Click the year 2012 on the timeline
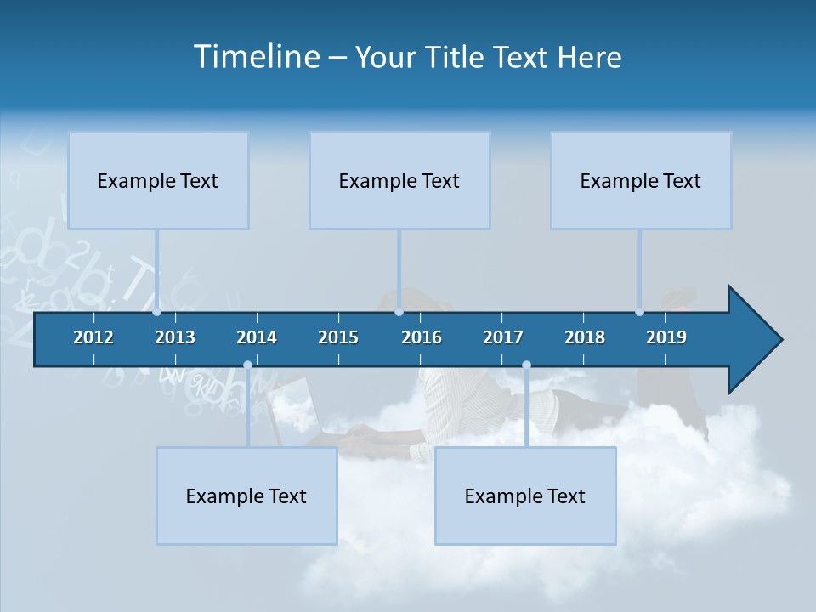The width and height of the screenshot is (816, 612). (x=93, y=337)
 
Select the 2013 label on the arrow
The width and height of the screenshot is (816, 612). (x=175, y=337)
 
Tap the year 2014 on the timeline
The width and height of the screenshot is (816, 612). (x=257, y=337)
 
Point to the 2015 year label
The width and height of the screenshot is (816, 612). (x=338, y=337)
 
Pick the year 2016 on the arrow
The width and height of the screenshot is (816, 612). (x=422, y=337)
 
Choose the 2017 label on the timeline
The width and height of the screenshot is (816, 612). (x=503, y=337)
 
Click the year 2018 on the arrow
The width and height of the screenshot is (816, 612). (x=585, y=337)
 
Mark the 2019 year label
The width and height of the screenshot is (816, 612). (x=666, y=337)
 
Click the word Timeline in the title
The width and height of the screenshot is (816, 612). (x=256, y=57)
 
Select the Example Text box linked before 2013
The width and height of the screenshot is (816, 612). (x=158, y=180)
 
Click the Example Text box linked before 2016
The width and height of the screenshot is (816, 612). (x=399, y=180)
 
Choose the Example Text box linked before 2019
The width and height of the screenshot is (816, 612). (x=641, y=180)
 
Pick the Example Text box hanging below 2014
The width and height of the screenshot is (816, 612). (x=246, y=496)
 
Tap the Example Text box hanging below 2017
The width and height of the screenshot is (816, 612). (x=525, y=496)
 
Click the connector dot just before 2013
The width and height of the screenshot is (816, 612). (x=157, y=312)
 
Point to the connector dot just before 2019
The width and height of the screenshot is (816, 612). (x=640, y=312)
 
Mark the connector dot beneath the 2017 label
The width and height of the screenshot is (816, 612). (x=526, y=365)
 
